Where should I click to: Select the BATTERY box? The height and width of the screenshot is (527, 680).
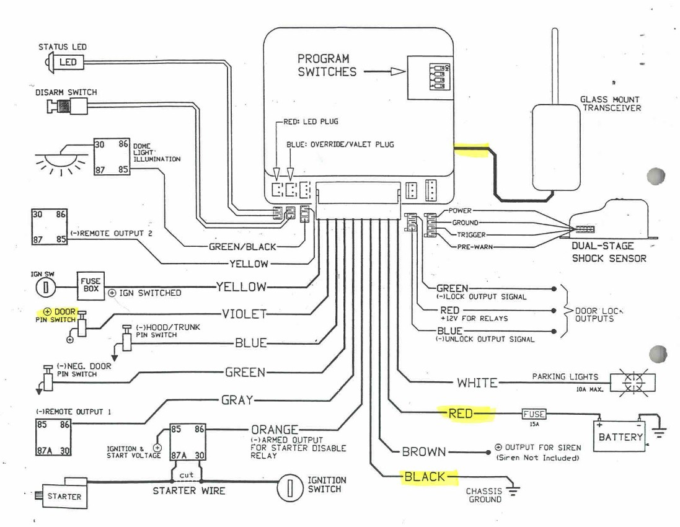(620, 436)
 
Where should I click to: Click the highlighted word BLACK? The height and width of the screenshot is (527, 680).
(425, 477)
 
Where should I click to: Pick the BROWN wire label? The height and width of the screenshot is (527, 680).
(423, 452)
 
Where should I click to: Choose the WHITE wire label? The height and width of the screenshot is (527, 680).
(477, 383)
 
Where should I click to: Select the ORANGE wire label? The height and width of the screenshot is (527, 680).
(275, 430)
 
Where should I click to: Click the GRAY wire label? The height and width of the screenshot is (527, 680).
(237, 400)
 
